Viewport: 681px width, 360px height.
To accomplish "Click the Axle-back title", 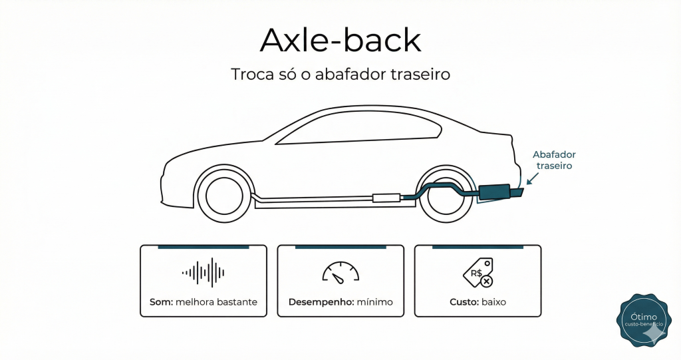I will [x=340, y=41].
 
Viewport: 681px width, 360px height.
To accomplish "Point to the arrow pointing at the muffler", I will [x=533, y=177].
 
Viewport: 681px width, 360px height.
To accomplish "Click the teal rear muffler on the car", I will [x=495, y=192].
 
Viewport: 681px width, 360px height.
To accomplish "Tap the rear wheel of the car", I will [x=445, y=194].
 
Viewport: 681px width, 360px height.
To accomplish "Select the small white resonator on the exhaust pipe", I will [x=386, y=197].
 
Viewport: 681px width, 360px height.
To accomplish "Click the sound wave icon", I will [x=204, y=272].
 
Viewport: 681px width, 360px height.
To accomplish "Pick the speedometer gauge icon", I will [x=340, y=271].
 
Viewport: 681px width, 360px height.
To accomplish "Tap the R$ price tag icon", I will [x=477, y=272].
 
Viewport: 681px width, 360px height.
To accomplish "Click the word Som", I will [x=161, y=302].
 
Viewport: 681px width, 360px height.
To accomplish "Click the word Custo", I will [x=464, y=302].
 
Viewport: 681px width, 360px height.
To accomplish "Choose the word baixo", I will [x=493, y=302].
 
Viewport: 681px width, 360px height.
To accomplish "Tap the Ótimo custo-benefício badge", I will [x=644, y=321].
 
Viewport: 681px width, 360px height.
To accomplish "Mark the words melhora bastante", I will [x=216, y=302].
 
